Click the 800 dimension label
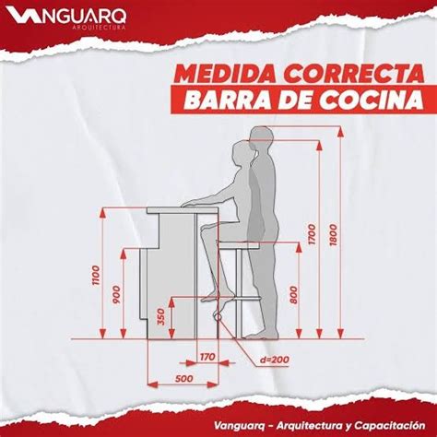[293, 292]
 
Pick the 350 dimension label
[161, 316]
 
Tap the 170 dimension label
[207, 354]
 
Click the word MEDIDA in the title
[220, 73]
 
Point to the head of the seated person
[242, 152]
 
